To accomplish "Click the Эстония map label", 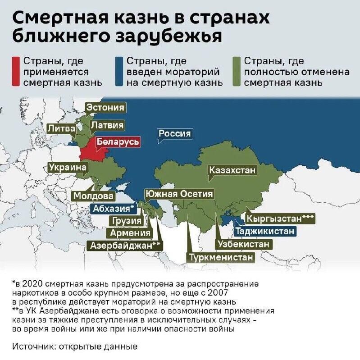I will (105, 108).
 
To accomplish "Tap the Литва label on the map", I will (61, 128).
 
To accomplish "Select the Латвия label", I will (107, 125).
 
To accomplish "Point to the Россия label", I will (175, 134).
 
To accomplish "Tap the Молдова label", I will (94, 196).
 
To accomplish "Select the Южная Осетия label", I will (179, 194).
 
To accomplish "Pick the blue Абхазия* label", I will (113, 208).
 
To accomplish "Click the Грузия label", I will (127, 221).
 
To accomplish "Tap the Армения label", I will (130, 233).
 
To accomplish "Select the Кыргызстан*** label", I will (279, 219).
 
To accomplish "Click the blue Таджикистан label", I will (265, 231).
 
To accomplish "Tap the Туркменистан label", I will (221, 257).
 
